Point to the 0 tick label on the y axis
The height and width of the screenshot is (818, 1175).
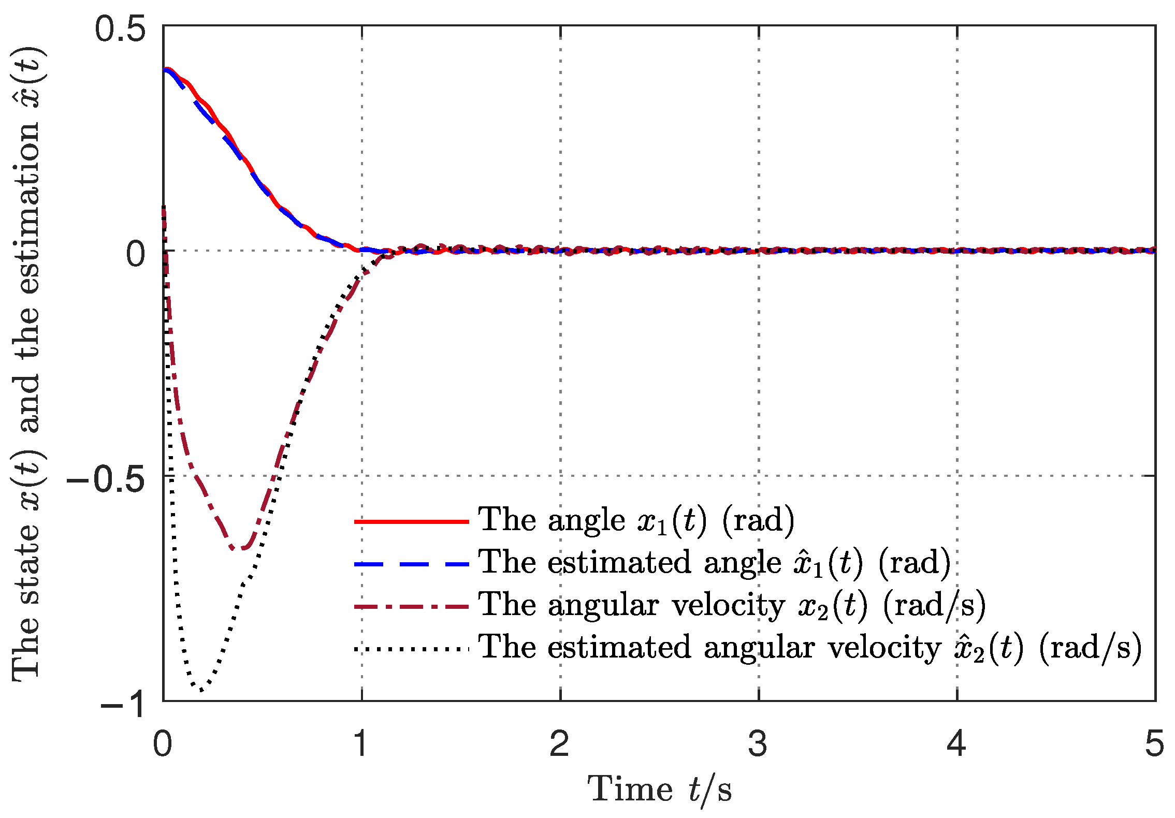click(136, 254)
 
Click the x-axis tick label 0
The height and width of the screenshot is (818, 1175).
click(163, 744)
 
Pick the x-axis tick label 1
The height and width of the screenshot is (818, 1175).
click(361, 744)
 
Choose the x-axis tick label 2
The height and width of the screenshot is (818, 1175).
click(560, 744)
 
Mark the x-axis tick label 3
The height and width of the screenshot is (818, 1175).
click(758, 744)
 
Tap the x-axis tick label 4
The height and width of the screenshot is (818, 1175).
click(956, 744)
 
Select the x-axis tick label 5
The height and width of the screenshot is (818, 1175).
click(1155, 744)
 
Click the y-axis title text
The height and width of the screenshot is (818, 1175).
click(28, 362)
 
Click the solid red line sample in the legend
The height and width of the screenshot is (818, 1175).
click(412, 521)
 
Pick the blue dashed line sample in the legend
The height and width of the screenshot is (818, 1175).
click(412, 564)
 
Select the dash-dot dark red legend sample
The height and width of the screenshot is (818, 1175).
click(412, 606)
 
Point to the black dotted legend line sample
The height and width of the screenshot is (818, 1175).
click(412, 649)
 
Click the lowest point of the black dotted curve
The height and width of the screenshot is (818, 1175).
click(200, 690)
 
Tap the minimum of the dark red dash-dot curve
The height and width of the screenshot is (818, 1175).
click(238, 549)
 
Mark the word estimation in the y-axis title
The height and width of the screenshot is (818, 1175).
click(28, 207)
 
